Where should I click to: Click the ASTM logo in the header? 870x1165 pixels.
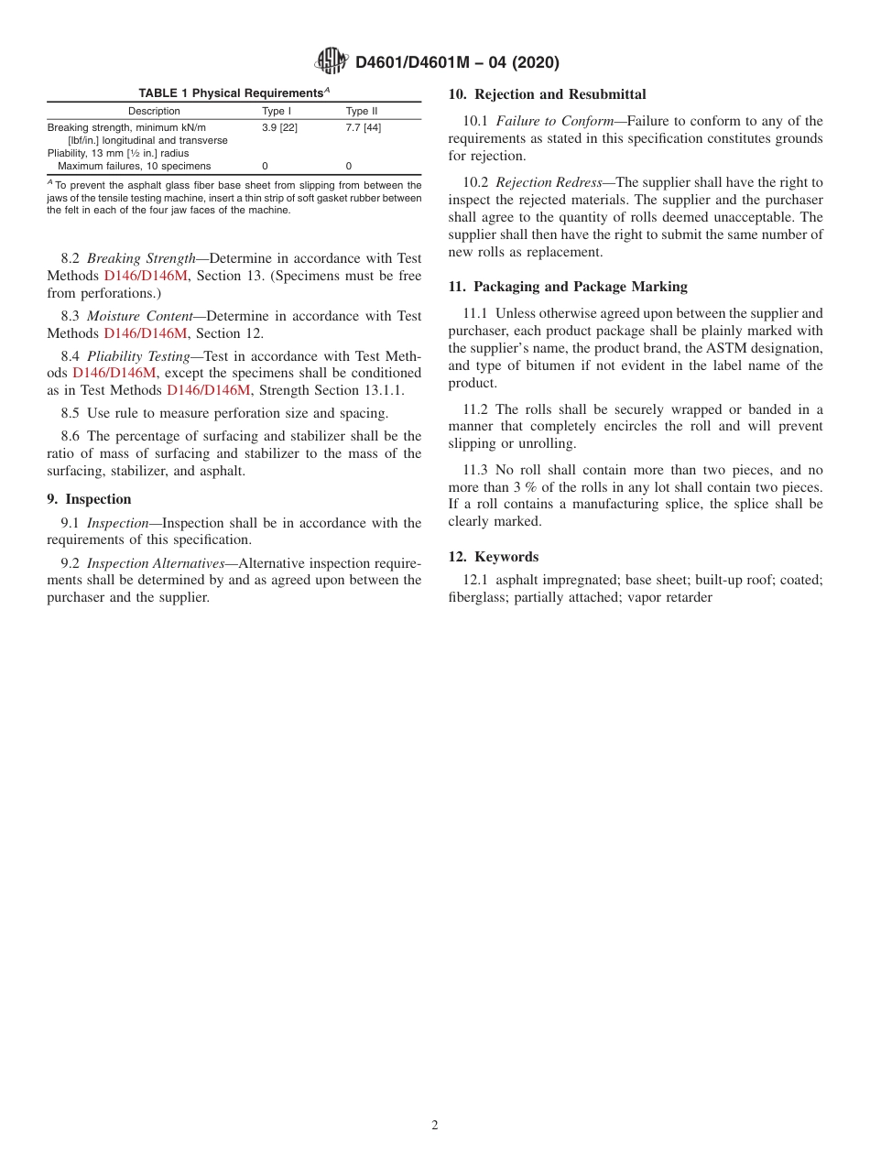pyautogui.click(x=331, y=61)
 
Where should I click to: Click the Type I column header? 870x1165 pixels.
pyautogui.click(x=277, y=111)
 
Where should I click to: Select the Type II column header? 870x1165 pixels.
pyautogui.click(x=361, y=111)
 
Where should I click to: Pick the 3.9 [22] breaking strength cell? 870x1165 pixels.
pyautogui.click(x=279, y=127)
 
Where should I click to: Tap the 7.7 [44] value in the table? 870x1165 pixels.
pyautogui.click(x=363, y=127)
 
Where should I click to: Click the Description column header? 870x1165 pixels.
pyautogui.click(x=154, y=111)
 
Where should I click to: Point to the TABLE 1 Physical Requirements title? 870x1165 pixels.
pyautogui.click(x=234, y=93)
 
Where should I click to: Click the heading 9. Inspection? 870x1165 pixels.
pyautogui.click(x=89, y=499)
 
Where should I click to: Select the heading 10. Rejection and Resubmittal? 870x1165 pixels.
pyautogui.click(x=547, y=94)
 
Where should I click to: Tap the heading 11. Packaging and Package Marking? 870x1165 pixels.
pyautogui.click(x=568, y=287)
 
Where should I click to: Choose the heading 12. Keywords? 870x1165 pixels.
pyautogui.click(x=494, y=557)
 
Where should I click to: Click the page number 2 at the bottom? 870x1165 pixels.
pyautogui.click(x=435, y=1126)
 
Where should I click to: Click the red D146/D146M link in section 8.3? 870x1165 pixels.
pyautogui.click(x=146, y=333)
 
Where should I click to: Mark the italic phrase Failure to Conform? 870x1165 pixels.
pyautogui.click(x=554, y=121)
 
